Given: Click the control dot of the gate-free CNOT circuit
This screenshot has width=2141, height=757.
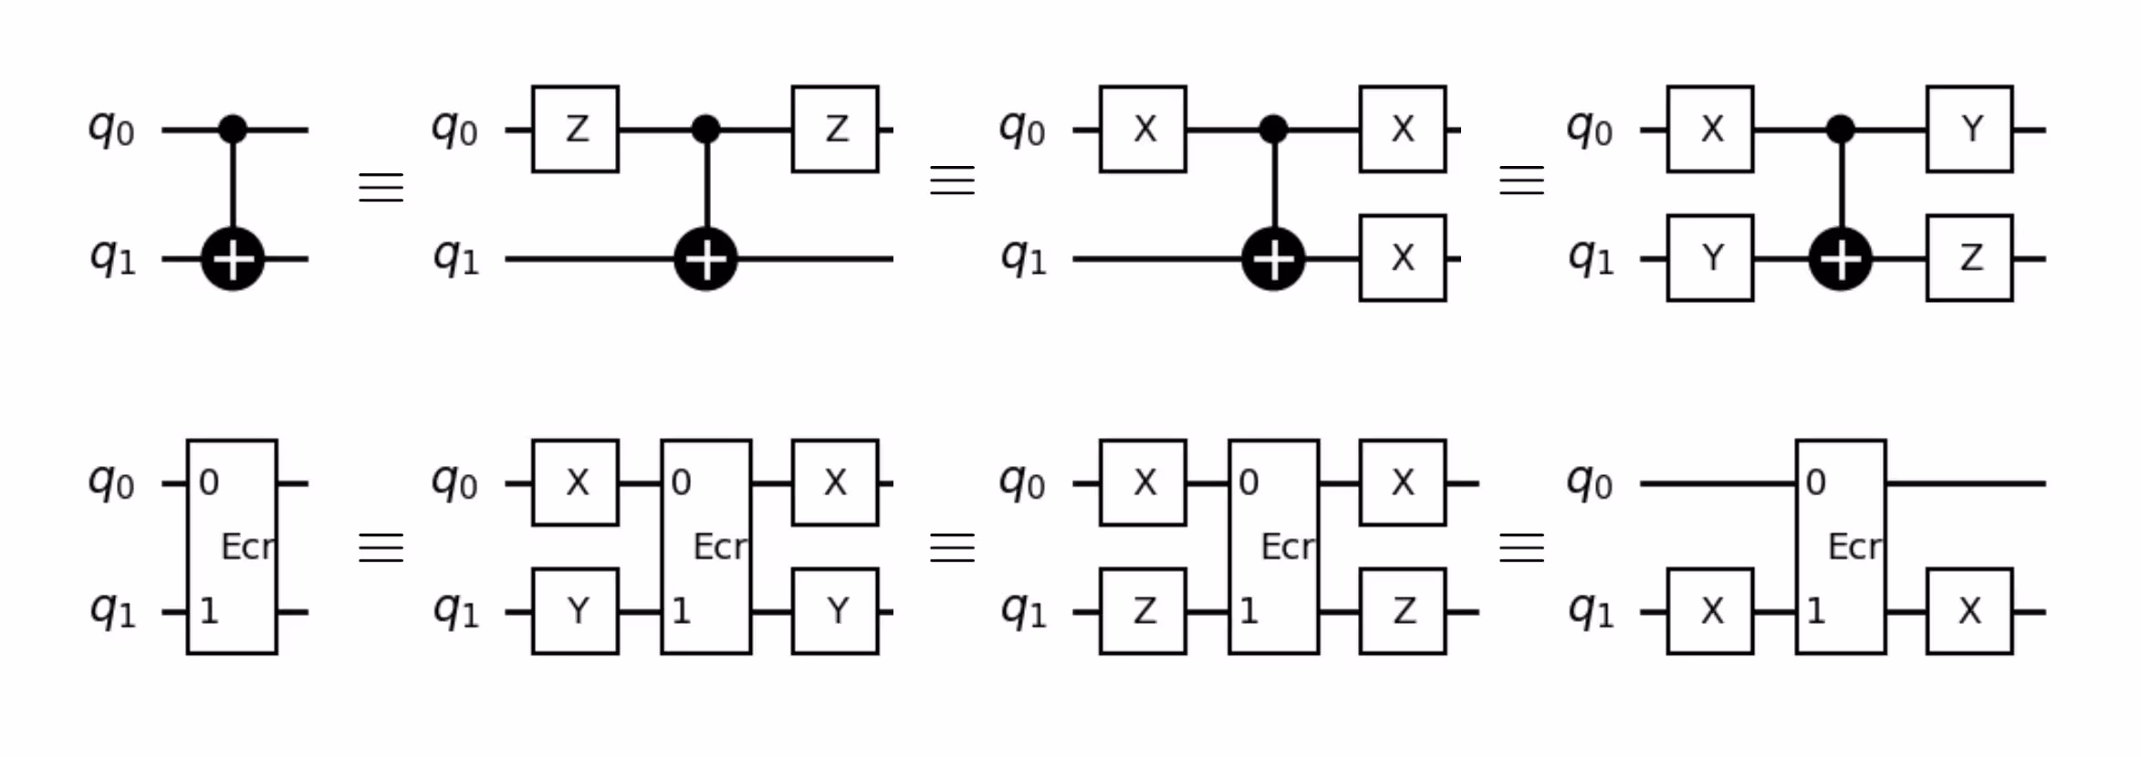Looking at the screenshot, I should (233, 130).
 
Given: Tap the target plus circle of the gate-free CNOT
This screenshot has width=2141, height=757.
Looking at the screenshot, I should (233, 259).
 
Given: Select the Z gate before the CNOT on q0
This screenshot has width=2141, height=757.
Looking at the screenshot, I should (575, 130).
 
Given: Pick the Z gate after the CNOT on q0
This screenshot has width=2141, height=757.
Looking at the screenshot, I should (835, 130).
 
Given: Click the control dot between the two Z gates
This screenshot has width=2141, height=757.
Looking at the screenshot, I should (705, 130).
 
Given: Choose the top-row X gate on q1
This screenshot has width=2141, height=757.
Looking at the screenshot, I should (1402, 258).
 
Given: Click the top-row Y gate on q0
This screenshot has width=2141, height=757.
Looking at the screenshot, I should (1969, 130).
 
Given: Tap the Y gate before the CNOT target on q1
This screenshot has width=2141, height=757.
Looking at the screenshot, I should (1709, 258).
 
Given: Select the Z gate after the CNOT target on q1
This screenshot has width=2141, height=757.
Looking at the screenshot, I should (1969, 258).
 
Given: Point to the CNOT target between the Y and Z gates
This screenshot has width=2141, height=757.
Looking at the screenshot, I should (1841, 259).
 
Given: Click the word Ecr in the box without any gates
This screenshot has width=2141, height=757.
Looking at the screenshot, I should (246, 547).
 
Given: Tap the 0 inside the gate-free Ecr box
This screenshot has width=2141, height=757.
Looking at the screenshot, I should (209, 482).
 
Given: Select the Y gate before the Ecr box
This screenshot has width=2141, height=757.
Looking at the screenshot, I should (575, 611).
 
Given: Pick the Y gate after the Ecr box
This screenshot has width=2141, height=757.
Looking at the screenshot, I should (835, 611).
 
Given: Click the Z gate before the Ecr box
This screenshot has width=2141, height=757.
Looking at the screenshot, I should (1143, 611).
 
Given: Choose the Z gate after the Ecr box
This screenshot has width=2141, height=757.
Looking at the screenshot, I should (1402, 611).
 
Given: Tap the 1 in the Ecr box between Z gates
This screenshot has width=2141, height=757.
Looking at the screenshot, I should (1248, 611).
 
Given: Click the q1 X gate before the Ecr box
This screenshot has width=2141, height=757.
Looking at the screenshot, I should (1709, 611).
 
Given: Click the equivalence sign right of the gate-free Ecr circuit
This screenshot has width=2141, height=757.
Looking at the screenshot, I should (381, 547).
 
